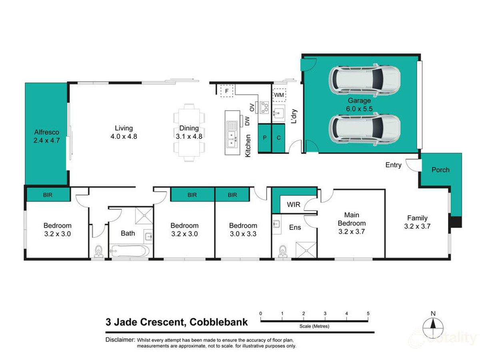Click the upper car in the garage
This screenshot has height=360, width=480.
tap(364, 80)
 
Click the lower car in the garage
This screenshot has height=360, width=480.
tap(364, 129)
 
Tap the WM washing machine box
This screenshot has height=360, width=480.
tap(279, 95)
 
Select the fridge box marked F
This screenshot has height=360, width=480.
tap(227, 90)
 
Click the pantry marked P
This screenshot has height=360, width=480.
tap(265, 138)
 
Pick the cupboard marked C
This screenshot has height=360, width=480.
tap(278, 138)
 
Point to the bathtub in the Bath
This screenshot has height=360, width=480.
tap(130, 251)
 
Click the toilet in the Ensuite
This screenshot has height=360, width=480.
tap(282, 251)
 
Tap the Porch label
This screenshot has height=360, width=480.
tap(440, 170)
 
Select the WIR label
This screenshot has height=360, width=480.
tap(294, 204)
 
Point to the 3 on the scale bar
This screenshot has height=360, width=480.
tap(325, 314)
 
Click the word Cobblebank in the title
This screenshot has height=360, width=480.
tap(218, 322)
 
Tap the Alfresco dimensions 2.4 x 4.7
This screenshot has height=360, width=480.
tap(46, 140)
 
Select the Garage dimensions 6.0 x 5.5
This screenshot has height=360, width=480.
tap(359, 109)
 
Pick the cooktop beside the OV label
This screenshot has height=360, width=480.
tap(264, 107)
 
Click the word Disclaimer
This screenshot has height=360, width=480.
tap(120, 340)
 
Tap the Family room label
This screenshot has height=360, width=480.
tap(417, 218)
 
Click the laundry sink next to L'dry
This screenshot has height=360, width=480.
tap(278, 113)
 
